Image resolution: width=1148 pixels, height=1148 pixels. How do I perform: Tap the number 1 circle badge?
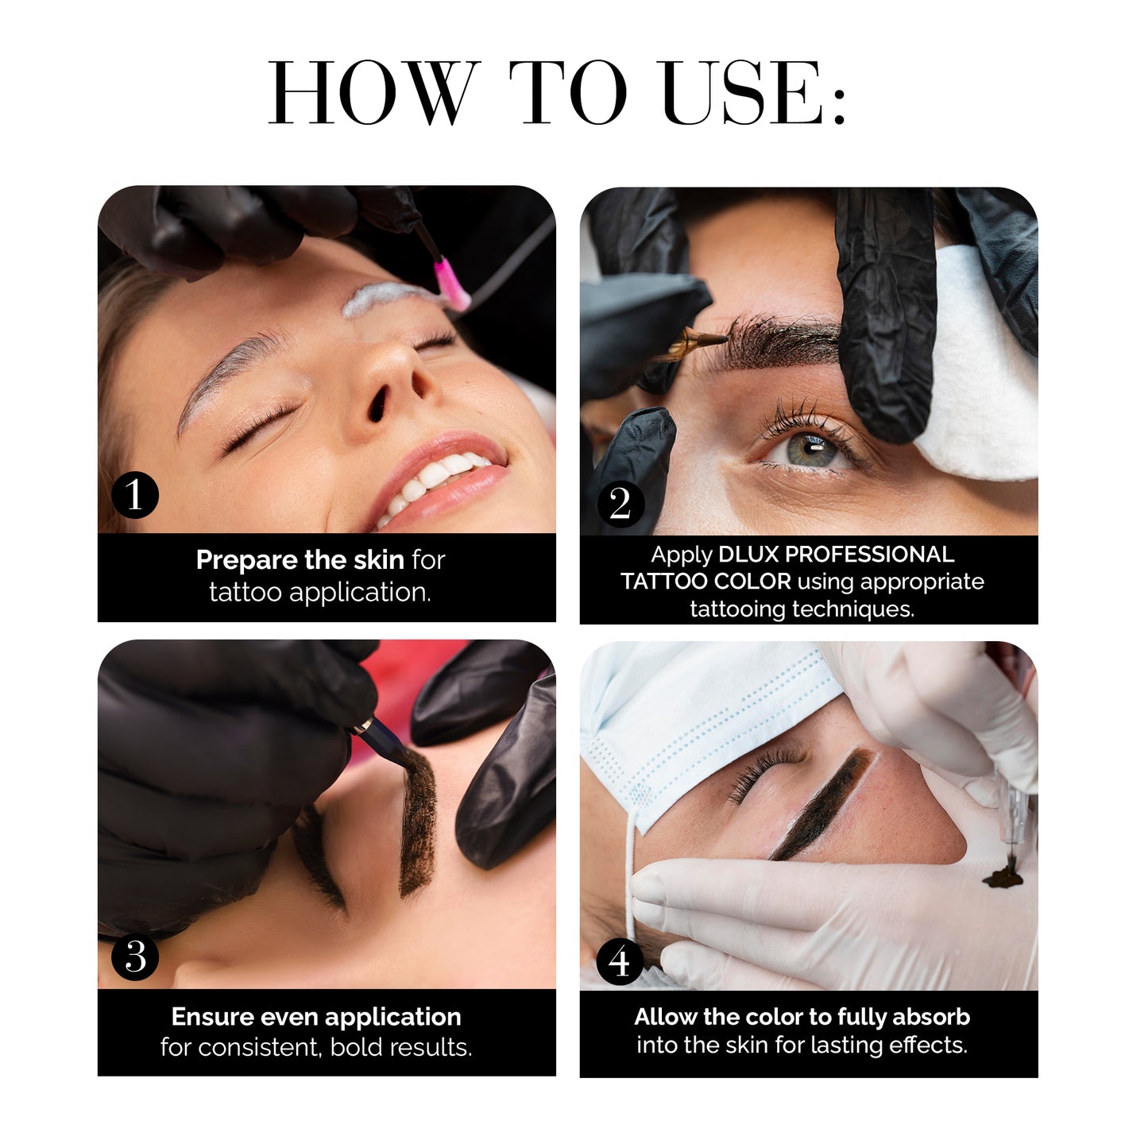point(135,494)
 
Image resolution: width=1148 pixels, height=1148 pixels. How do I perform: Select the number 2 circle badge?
point(621,504)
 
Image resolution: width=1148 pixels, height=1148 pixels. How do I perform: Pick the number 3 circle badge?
point(135,957)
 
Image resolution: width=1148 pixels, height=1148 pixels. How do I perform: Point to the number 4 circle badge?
point(620,961)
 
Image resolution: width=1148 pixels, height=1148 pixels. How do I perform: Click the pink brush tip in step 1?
point(451,286)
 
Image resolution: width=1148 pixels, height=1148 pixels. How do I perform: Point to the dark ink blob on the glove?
point(1005,875)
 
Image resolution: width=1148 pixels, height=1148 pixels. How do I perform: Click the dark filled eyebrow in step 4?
point(822,804)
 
